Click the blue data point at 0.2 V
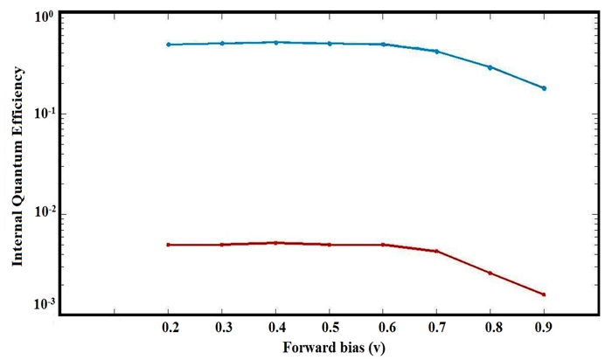click(x=168, y=45)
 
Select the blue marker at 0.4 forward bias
click(x=276, y=42)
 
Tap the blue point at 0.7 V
click(x=436, y=52)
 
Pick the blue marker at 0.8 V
click(x=490, y=67)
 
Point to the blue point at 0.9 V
click(x=544, y=88)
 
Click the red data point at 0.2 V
click(x=168, y=245)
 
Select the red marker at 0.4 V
click(x=276, y=243)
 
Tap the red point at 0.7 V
click(x=436, y=252)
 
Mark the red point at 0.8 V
click(x=490, y=273)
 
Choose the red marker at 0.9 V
click(x=544, y=294)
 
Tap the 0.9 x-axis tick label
click(x=544, y=325)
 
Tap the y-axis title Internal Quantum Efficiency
click(x=17, y=170)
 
